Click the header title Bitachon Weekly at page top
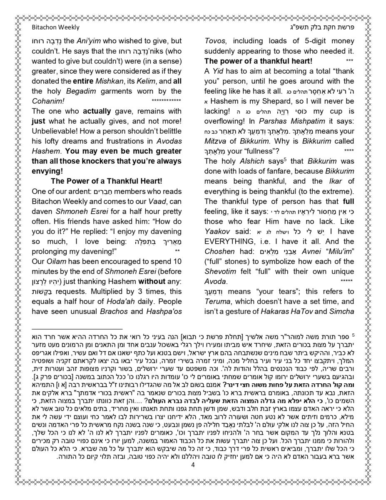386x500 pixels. coord(55,27)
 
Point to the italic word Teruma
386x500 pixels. coord(217,302)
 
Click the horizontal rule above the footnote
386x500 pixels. coord(77,329)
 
